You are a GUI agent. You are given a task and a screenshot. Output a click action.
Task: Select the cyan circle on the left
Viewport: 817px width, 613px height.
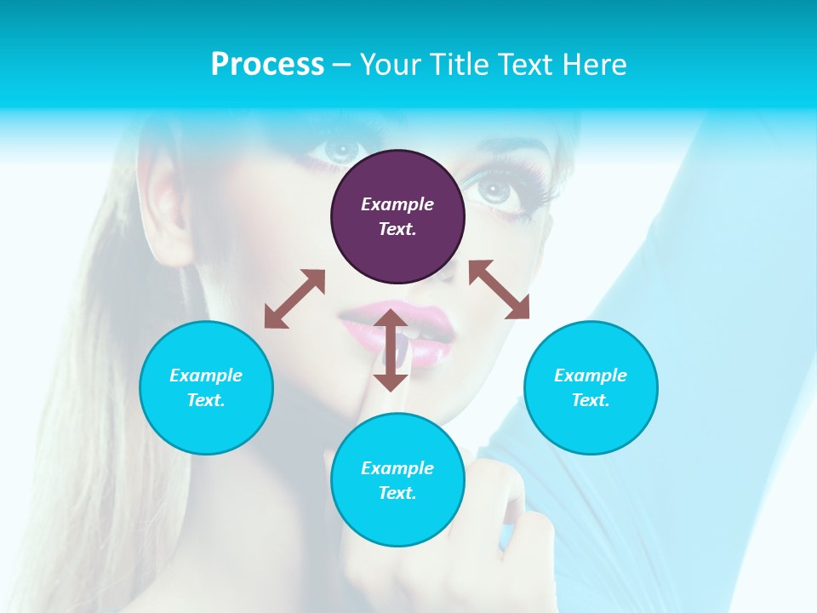(206, 387)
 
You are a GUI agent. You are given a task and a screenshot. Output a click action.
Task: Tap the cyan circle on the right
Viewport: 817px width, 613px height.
(591, 387)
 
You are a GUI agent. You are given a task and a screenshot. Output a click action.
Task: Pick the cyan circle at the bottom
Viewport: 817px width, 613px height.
(397, 480)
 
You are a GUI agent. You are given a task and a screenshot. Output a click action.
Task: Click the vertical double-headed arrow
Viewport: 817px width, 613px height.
(391, 350)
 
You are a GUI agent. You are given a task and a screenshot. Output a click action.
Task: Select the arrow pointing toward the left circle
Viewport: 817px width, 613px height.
(294, 299)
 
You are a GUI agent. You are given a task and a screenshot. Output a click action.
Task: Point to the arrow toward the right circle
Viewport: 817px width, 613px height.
(500, 289)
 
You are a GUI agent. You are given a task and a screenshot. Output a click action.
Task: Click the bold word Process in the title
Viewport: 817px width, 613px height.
(267, 65)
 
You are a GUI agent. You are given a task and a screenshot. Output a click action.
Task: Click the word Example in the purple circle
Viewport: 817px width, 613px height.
(397, 204)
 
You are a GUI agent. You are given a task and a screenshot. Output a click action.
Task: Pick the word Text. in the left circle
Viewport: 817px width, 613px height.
(206, 400)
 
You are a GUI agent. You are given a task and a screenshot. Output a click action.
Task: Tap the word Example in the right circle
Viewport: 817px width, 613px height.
(591, 375)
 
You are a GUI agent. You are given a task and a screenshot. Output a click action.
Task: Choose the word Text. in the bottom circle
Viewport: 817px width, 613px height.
(397, 493)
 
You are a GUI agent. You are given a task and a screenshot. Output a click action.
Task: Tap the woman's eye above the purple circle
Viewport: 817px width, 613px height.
(340, 150)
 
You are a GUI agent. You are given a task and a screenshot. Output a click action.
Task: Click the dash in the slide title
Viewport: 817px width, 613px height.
(342, 66)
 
